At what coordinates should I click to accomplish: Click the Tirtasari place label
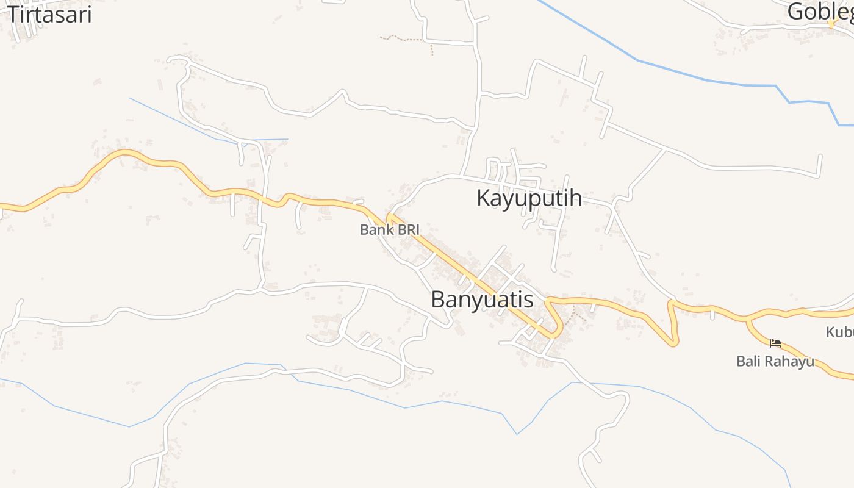coord(49,13)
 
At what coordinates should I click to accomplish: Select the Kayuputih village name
coord(529,198)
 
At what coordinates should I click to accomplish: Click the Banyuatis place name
coord(482,300)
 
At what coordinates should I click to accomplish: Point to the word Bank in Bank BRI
coord(374,230)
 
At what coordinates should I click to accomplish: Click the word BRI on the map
coord(406,230)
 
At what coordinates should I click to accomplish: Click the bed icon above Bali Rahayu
coord(775,343)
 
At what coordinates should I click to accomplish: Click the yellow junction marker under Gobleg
coord(831,23)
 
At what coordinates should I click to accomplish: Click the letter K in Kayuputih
coord(483,198)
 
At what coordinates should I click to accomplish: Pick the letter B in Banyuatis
coord(437,300)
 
